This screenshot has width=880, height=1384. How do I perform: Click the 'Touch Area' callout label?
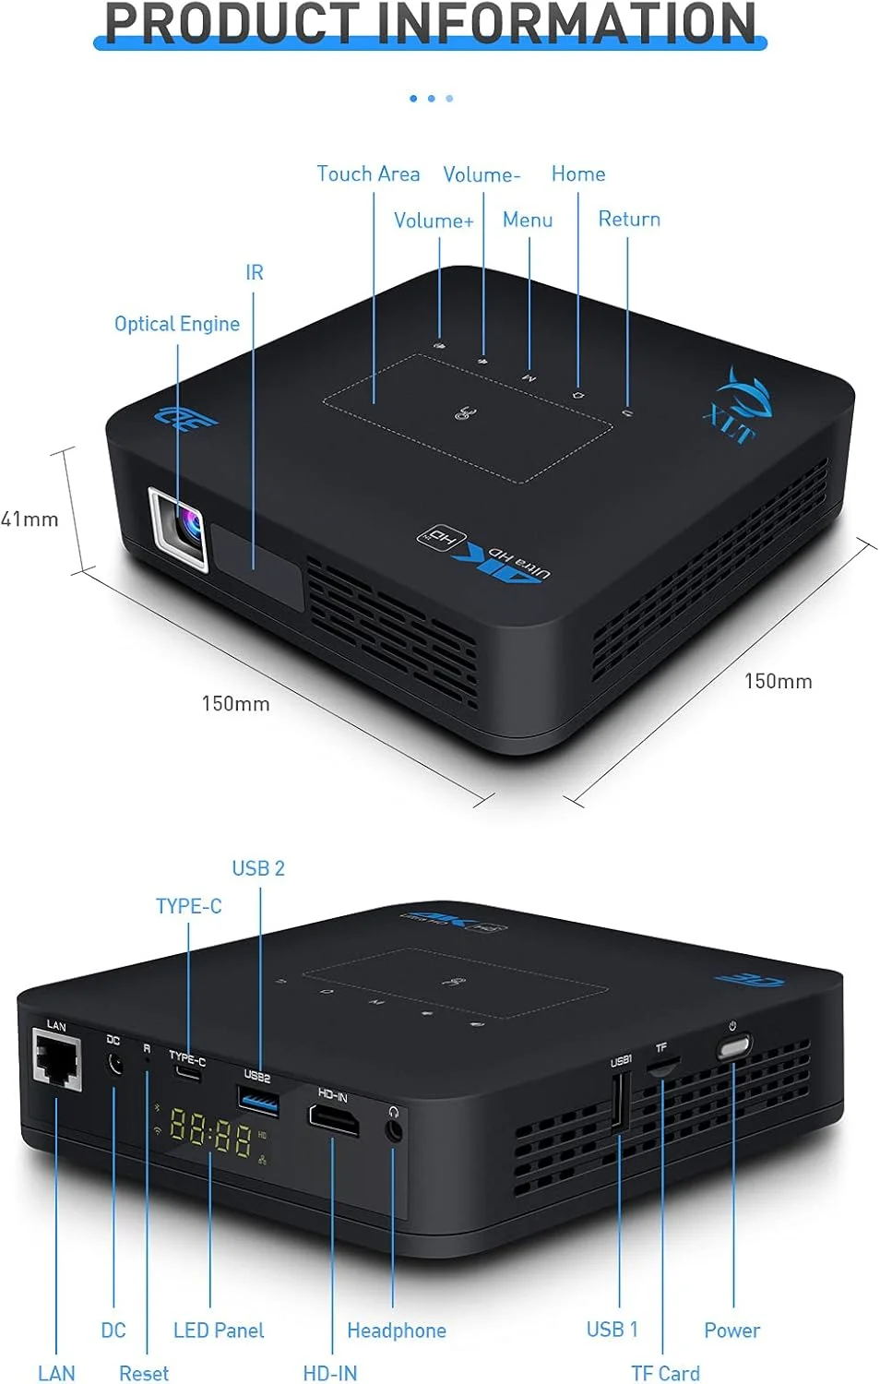(368, 173)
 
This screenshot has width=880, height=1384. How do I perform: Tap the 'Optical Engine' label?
(176, 324)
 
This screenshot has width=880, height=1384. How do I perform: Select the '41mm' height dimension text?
(30, 519)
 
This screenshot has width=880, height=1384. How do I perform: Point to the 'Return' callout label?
(629, 220)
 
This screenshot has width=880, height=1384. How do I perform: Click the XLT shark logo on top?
(741, 406)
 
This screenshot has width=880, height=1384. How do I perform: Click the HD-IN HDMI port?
(333, 1119)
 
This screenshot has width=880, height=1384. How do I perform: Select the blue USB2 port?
(258, 1099)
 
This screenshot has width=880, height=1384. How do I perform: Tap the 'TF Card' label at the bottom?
(665, 1373)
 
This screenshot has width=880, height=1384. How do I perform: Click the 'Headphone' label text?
(396, 1330)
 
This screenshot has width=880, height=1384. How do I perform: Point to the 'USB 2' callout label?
(258, 868)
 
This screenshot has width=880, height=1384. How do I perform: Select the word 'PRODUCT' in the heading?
(231, 24)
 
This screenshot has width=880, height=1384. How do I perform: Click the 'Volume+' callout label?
(434, 221)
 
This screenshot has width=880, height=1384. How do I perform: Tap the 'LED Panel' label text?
(219, 1330)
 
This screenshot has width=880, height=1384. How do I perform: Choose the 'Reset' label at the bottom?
(144, 1373)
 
